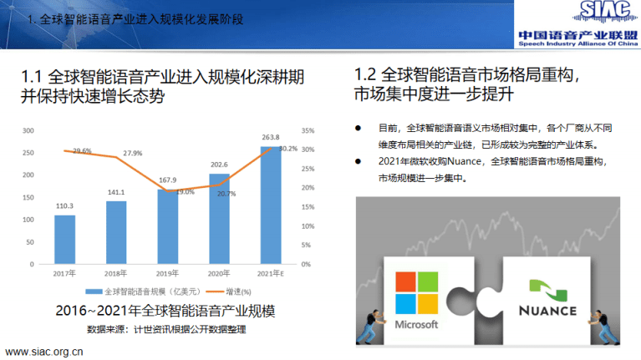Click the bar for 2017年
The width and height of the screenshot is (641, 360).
click(x=64, y=239)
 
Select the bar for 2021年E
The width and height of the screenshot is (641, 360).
click(x=270, y=205)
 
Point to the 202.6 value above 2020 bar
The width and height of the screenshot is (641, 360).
click(x=219, y=165)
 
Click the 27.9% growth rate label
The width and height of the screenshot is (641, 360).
click(x=132, y=154)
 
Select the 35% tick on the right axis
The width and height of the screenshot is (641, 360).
click(x=308, y=130)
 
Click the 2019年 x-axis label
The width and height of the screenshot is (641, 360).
click(x=167, y=273)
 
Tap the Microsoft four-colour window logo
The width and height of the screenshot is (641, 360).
click(x=416, y=289)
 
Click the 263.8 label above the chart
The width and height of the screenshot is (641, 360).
click(x=270, y=137)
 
